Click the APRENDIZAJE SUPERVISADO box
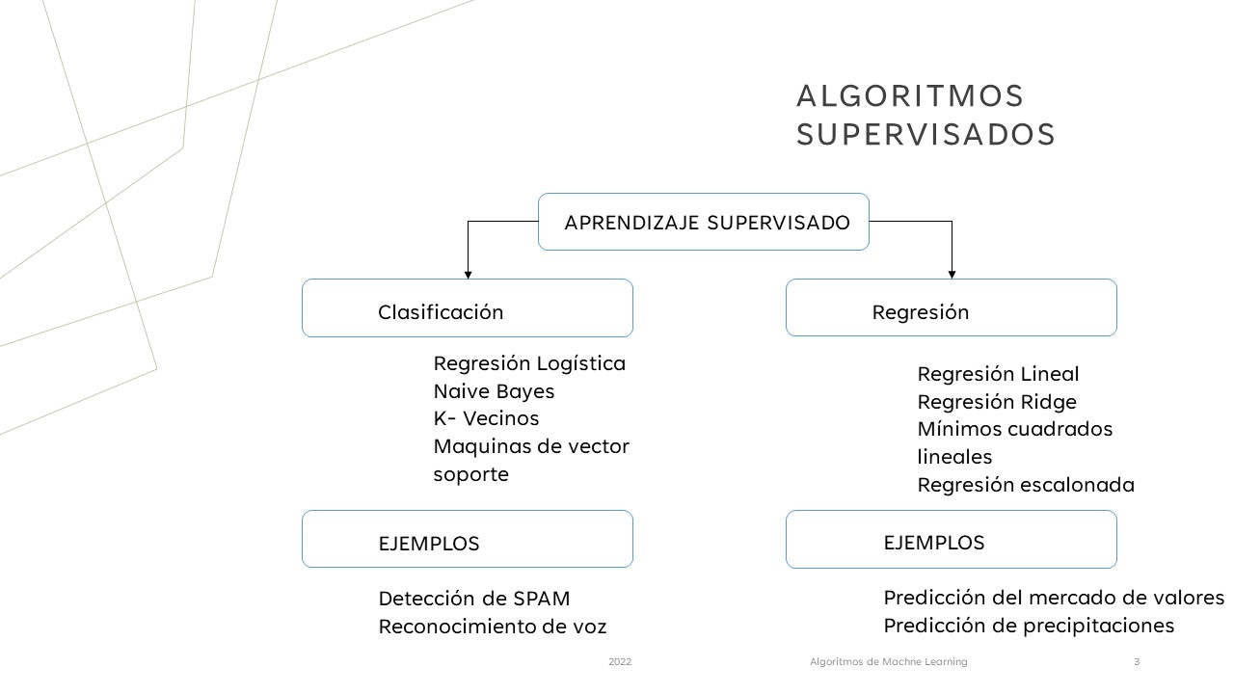tap(704, 223)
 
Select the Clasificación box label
tap(441, 312)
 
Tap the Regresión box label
tap(921, 312)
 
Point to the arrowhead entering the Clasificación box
tap(468, 275)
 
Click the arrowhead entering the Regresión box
tap(952, 275)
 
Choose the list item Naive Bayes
tap(494, 391)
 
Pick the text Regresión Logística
tap(529, 363)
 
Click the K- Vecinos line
tap(486, 418)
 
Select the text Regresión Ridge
tap(997, 402)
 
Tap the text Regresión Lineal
tap(998, 374)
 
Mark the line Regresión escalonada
tap(1026, 485)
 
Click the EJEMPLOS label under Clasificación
tap(429, 544)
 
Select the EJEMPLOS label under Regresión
tap(934, 543)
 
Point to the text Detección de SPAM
tap(474, 599)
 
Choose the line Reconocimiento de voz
tap(493, 627)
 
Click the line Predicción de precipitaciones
tap(1029, 626)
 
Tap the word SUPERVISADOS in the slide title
tap(925, 135)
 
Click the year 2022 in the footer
tap(620, 662)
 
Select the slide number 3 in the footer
tap(1137, 662)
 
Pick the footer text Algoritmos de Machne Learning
tap(888, 662)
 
